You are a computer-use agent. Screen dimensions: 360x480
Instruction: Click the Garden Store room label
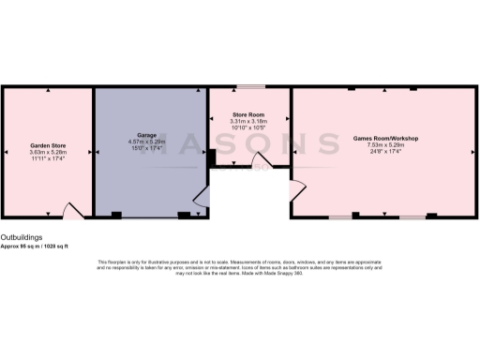tap(46, 147)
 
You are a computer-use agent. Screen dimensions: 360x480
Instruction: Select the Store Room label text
tap(249, 114)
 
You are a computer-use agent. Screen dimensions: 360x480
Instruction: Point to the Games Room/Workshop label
tap(385, 139)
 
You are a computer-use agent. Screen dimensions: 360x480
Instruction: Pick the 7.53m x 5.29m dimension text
tap(385, 145)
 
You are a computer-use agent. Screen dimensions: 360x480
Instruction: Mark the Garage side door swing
tap(200, 194)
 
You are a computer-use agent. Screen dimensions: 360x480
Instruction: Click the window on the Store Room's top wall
tap(249, 88)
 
